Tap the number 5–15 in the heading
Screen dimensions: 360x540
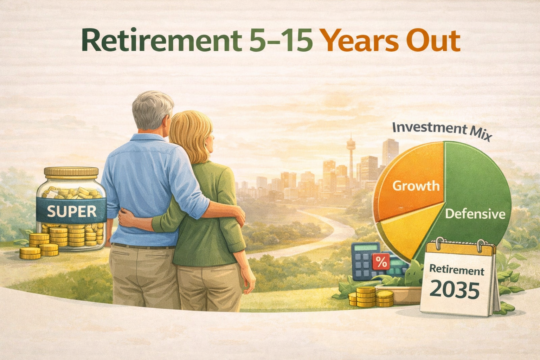[281, 41]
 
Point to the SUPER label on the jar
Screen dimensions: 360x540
[72, 211]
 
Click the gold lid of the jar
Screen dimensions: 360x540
[71, 172]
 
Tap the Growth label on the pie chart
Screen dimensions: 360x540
[416, 186]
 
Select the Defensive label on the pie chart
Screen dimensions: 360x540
[475, 214]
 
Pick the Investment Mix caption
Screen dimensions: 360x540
[441, 130]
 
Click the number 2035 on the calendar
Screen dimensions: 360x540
[454, 290]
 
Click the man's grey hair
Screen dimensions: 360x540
[153, 109]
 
